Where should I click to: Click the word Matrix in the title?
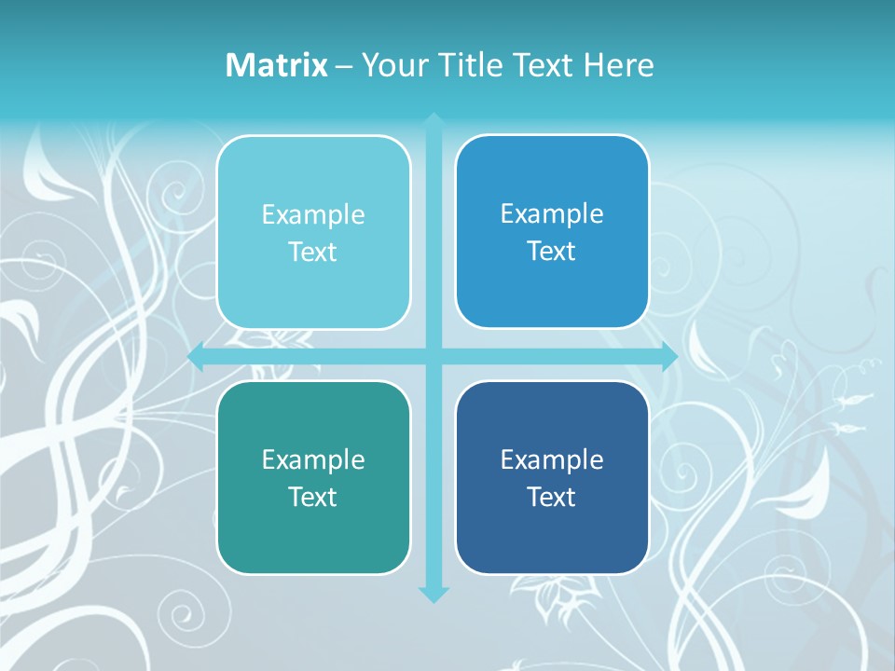(x=276, y=65)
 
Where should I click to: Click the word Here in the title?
(x=618, y=65)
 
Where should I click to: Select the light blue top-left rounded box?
(x=313, y=289)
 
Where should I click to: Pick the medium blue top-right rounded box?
(x=552, y=289)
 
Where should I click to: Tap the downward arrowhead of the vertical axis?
(x=434, y=594)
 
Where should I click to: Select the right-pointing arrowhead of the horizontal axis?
(x=669, y=357)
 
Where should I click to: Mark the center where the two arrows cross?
(x=434, y=357)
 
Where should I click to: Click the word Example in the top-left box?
(x=313, y=215)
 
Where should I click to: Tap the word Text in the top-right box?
(x=552, y=252)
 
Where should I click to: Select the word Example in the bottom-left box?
(x=313, y=460)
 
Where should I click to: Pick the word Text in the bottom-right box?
(x=552, y=498)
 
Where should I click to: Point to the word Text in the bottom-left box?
(x=313, y=498)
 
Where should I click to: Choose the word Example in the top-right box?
(x=552, y=214)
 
